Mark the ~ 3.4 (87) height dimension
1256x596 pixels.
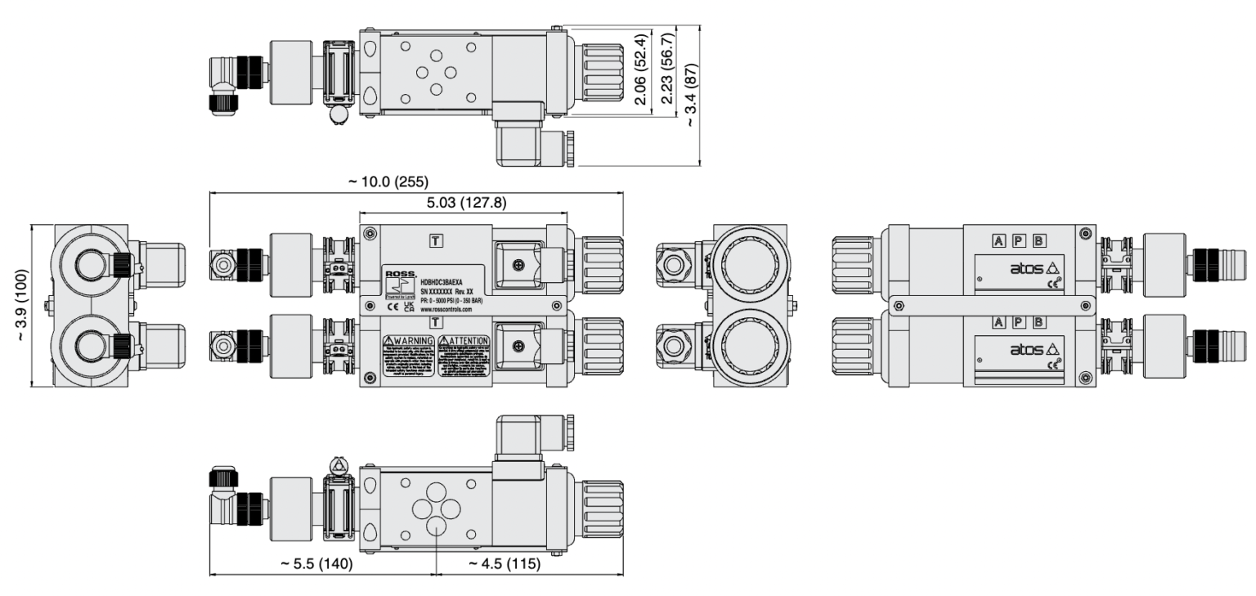692,96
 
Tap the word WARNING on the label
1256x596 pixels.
411,340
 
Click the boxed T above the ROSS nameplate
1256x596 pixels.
437,240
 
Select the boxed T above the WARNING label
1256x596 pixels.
437,323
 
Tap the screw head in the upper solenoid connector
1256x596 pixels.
517,263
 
